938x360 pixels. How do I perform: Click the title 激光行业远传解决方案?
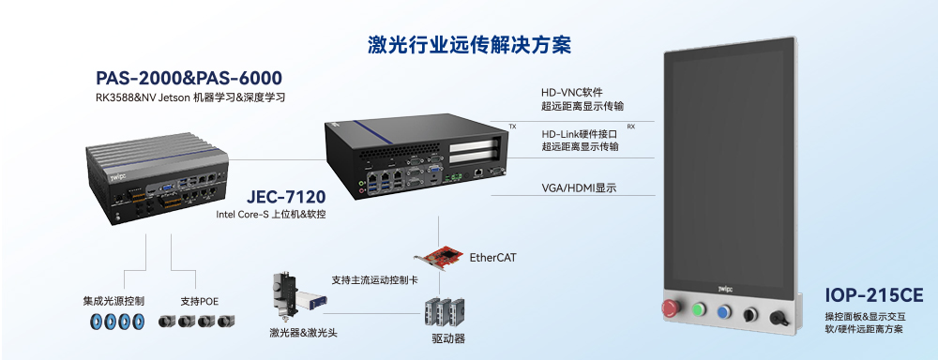click(469, 44)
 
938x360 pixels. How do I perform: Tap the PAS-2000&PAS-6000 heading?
click(189, 78)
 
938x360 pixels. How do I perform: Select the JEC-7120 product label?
click(286, 197)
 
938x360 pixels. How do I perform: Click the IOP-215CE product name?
click(874, 295)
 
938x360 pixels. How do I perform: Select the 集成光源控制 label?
click(113, 302)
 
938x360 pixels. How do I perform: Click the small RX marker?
click(630, 126)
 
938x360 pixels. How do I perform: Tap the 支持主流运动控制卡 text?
click(374, 279)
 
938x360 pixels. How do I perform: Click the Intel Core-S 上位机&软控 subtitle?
click(271, 215)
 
